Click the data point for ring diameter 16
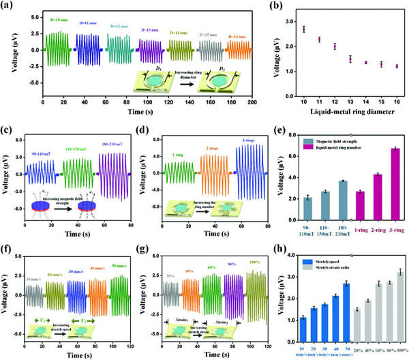tap(396, 66)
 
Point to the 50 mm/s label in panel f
tap(120, 257)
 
